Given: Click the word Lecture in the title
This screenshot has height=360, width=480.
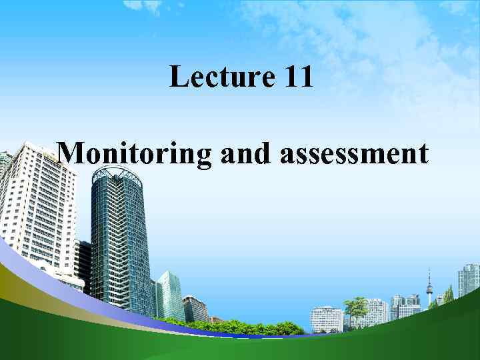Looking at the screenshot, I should pyautogui.click(x=219, y=77).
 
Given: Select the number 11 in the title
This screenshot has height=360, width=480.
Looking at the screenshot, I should pyautogui.click(x=297, y=77).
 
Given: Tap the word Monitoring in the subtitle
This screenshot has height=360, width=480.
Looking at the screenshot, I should pyautogui.click(x=133, y=154).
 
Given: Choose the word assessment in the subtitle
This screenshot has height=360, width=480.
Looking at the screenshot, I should pyautogui.click(x=354, y=154).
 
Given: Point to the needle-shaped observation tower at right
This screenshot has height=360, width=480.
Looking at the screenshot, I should pyautogui.click(x=429, y=287).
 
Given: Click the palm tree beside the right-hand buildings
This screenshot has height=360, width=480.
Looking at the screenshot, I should pyautogui.click(x=357, y=309).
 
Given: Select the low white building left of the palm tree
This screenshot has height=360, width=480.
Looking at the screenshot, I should pyautogui.click(x=327, y=319).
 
